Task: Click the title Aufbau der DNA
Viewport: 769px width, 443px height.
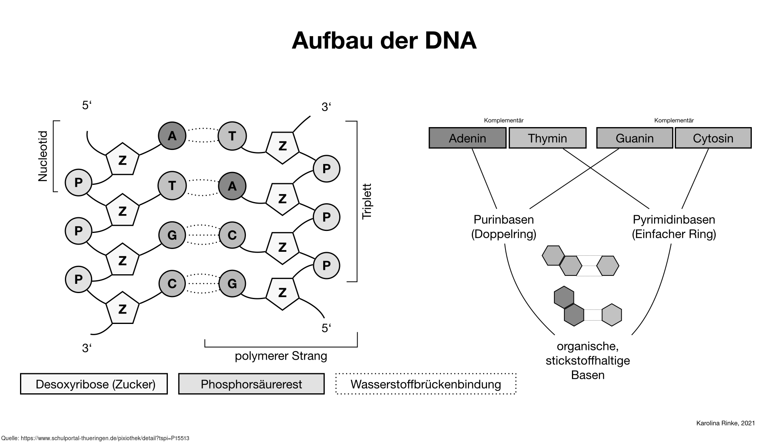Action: [384, 40]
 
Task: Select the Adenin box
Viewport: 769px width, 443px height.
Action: [467, 138]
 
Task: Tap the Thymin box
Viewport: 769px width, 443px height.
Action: [547, 138]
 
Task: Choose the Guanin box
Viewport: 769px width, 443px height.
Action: [634, 138]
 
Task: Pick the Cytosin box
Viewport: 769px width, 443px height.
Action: [713, 138]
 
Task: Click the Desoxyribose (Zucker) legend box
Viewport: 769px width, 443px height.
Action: [94, 384]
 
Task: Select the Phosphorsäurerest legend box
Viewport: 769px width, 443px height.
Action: [251, 384]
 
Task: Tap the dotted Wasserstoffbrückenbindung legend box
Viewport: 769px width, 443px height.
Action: [426, 384]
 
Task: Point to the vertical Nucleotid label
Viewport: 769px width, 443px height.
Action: [43, 156]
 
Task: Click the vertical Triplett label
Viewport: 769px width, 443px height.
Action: [367, 201]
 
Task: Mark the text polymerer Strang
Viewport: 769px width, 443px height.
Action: [281, 356]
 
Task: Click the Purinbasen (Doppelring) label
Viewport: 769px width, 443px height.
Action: [503, 227]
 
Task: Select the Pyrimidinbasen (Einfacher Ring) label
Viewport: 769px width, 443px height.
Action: [674, 227]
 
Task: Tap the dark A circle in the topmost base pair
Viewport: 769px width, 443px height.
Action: [172, 136]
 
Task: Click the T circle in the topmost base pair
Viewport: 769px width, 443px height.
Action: [232, 136]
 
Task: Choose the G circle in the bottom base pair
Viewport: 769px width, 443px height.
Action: [232, 283]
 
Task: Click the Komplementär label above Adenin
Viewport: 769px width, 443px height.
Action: [504, 120]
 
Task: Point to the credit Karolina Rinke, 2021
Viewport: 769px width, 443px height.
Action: [725, 423]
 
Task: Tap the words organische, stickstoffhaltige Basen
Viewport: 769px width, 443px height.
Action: [588, 360]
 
